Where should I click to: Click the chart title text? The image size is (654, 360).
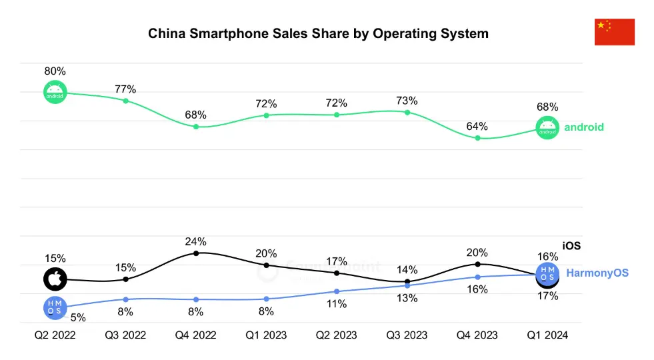pos(318,33)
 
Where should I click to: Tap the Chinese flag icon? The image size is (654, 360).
pos(614,32)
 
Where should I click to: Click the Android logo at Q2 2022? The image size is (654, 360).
pos(55,92)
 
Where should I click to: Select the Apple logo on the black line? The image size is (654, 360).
pos(55,279)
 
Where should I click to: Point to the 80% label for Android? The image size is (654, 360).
pos(55,71)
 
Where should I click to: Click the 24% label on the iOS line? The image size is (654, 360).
pos(196,241)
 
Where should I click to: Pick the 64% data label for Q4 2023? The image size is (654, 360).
pos(477,127)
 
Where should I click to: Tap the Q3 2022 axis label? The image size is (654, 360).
pos(125,335)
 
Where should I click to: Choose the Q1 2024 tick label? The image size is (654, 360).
pos(547,335)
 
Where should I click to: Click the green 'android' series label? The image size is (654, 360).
pos(584,127)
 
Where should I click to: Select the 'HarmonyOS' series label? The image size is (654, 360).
pos(597,273)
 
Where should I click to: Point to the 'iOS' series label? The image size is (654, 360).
pos(571,246)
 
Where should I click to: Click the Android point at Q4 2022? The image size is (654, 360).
pos(196,126)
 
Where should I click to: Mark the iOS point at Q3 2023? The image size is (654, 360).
pos(407,281)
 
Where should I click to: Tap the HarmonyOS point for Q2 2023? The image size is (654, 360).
pos(337,291)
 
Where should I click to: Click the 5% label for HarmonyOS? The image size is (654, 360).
pos(77,318)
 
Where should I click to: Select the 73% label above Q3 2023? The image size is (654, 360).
pos(407,101)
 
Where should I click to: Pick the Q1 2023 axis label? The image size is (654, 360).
pos(266,335)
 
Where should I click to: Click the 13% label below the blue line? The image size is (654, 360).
pos(407,298)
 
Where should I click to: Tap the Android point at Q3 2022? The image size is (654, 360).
pos(125,101)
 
